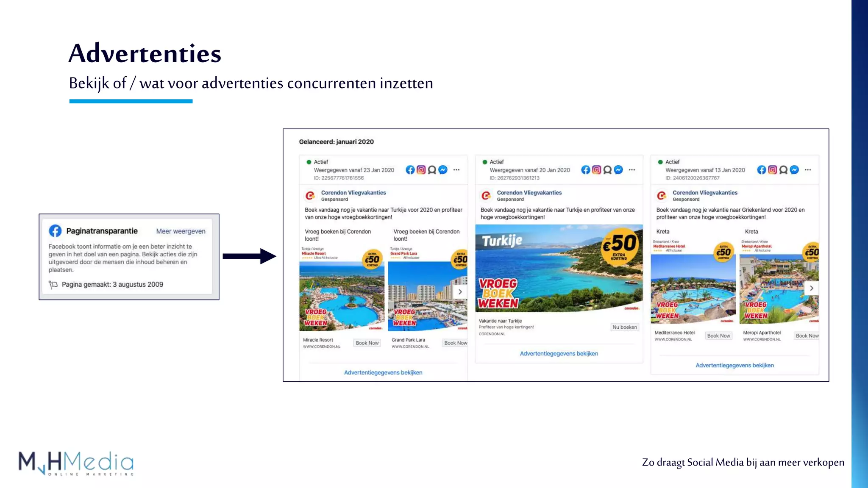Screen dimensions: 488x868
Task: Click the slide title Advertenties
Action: coord(145,54)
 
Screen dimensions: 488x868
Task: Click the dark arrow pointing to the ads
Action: coord(249,256)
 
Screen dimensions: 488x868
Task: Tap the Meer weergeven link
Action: coord(181,231)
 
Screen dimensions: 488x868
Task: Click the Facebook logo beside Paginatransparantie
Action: coord(55,231)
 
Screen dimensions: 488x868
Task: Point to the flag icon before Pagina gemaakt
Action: coord(53,285)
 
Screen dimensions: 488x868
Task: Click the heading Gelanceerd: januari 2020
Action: coord(336,142)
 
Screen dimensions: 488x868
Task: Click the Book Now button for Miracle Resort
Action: coord(367,343)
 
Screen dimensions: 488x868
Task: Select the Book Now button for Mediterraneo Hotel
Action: coord(718,336)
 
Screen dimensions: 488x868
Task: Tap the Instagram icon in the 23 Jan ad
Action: coord(421,170)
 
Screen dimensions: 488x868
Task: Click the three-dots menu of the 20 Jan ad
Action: coord(632,170)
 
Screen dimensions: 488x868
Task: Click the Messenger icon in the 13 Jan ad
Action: coord(794,170)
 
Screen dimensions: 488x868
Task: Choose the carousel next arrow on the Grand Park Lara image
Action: coord(460,292)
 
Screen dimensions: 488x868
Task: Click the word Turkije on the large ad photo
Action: coord(502,241)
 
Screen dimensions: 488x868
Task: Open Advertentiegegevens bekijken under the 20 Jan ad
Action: coord(559,354)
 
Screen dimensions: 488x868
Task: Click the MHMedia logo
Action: coord(76,463)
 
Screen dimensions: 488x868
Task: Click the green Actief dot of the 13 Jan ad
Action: coord(660,162)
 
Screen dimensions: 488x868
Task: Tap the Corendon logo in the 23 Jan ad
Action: coord(310,196)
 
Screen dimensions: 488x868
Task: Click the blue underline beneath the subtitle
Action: coord(131,101)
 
